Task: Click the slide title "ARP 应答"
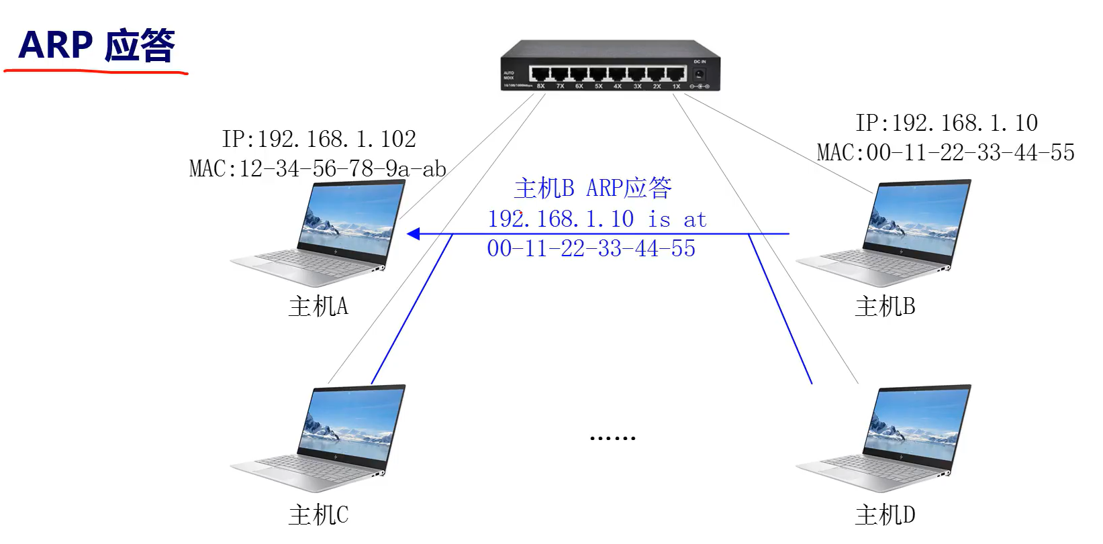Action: pyautogui.click(x=97, y=45)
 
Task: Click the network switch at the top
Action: pyautogui.click(x=610, y=66)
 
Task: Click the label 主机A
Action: pyautogui.click(x=318, y=307)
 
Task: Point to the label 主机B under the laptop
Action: pyautogui.click(x=885, y=307)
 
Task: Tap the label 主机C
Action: pyautogui.click(x=318, y=515)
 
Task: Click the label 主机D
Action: pyautogui.click(x=885, y=515)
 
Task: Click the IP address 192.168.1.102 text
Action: pyautogui.click(x=319, y=139)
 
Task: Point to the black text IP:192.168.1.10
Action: pyautogui.click(x=946, y=123)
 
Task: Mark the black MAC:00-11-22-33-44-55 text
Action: pyautogui.click(x=945, y=153)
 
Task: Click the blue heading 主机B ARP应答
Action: pyautogui.click(x=593, y=188)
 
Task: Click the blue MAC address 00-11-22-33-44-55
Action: pyautogui.click(x=591, y=249)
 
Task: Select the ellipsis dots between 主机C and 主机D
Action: pyautogui.click(x=612, y=438)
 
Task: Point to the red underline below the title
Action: pyautogui.click(x=95, y=69)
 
